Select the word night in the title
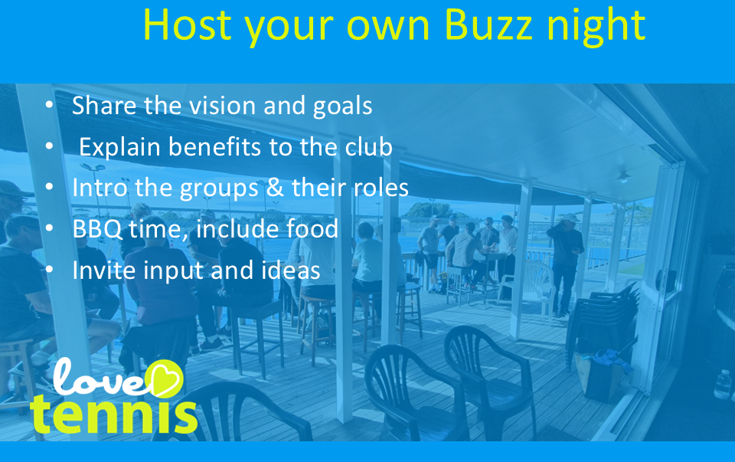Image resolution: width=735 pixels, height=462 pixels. [x=596, y=28]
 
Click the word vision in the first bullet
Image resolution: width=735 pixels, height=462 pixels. [x=223, y=105]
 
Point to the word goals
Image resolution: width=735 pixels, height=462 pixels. [x=342, y=106]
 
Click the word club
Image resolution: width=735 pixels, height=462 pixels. [x=368, y=146]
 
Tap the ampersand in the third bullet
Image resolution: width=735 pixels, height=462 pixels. [x=275, y=188]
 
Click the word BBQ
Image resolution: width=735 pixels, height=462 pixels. [x=97, y=229]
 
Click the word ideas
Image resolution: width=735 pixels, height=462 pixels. [x=291, y=270]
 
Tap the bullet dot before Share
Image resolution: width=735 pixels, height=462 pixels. [x=49, y=105]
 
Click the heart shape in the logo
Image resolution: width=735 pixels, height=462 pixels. [x=165, y=378]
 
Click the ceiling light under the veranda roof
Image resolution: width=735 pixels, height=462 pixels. [x=623, y=176]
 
